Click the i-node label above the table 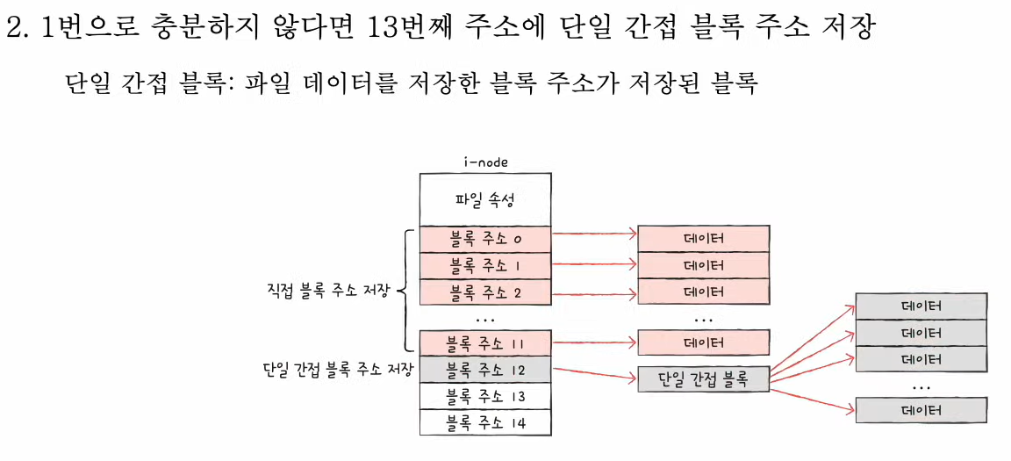(x=485, y=162)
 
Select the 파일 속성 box (x=485, y=199)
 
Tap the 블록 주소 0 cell (x=485, y=238)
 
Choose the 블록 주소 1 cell (x=485, y=264)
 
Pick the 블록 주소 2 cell (x=485, y=291)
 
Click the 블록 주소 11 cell (x=485, y=342)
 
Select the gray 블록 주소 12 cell (x=485, y=369)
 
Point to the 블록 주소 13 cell (x=485, y=396)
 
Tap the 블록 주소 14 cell (x=485, y=422)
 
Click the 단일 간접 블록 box (x=703, y=378)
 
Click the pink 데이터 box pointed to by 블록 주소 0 (x=703, y=238)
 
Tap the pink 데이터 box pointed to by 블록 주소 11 (x=703, y=342)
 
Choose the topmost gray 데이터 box (x=921, y=306)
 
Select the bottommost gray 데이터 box (x=921, y=410)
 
